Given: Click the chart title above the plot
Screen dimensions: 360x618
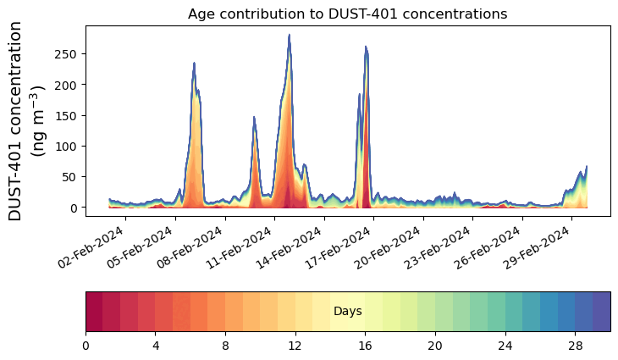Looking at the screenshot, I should point(347,14).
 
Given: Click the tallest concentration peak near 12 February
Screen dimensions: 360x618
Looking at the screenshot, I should point(290,36).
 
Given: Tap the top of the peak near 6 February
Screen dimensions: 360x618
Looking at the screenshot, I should point(195,64).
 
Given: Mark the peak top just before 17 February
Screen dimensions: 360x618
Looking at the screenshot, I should point(366,47).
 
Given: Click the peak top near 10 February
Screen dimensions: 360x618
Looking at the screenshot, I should point(254,118).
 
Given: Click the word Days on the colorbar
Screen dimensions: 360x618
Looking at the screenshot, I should point(348,312).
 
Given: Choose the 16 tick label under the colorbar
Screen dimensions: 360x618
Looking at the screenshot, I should point(365,346).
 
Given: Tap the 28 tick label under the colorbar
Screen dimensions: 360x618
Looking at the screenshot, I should point(575,346).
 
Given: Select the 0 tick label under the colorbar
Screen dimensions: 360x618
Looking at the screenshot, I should point(86,346).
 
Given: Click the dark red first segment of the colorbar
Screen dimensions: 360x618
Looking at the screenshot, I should point(94,312).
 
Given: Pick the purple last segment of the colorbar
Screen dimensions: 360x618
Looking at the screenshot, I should point(601,312).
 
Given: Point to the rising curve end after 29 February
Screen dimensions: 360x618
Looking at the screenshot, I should point(586,167).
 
